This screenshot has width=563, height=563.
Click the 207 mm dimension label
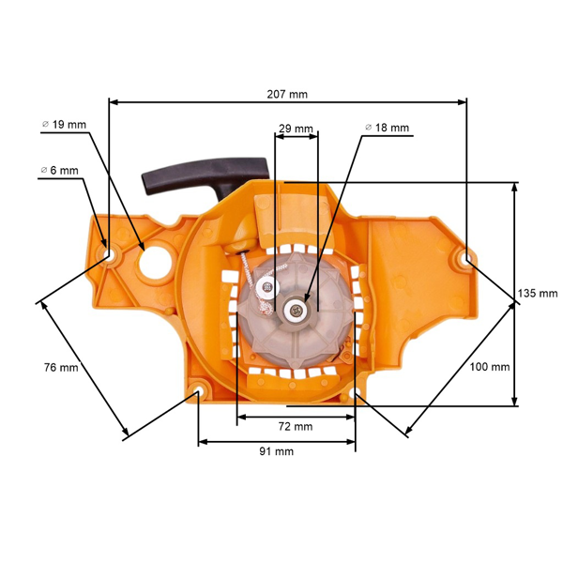(x=286, y=94)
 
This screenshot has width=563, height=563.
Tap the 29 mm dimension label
(x=297, y=128)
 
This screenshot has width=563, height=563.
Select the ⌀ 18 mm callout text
(x=387, y=128)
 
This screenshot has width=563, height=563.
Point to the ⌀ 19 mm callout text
(x=65, y=124)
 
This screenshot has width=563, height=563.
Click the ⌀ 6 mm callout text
(x=59, y=171)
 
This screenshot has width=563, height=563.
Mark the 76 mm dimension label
(x=60, y=367)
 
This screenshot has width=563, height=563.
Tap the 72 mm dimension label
(x=297, y=427)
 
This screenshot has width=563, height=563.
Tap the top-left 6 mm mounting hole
(x=109, y=253)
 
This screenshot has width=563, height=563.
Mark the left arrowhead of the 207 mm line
(x=113, y=101)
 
